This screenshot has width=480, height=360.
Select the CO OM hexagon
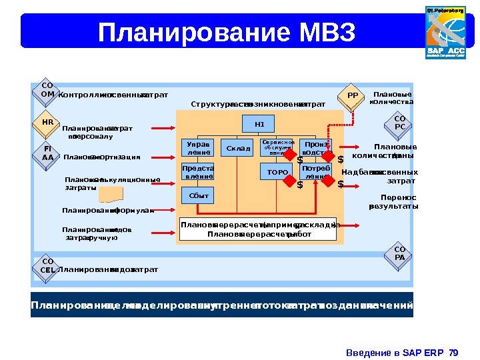[47, 91]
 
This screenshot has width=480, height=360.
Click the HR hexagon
[47, 123]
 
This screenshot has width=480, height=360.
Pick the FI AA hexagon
[47, 153]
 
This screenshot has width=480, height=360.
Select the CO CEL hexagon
[47, 266]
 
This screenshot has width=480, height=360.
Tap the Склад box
[238, 148]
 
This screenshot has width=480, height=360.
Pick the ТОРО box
[277, 173]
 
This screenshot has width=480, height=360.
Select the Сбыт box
[198, 196]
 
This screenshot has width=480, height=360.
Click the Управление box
[197, 148]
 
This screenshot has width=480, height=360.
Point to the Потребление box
[316, 173]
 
